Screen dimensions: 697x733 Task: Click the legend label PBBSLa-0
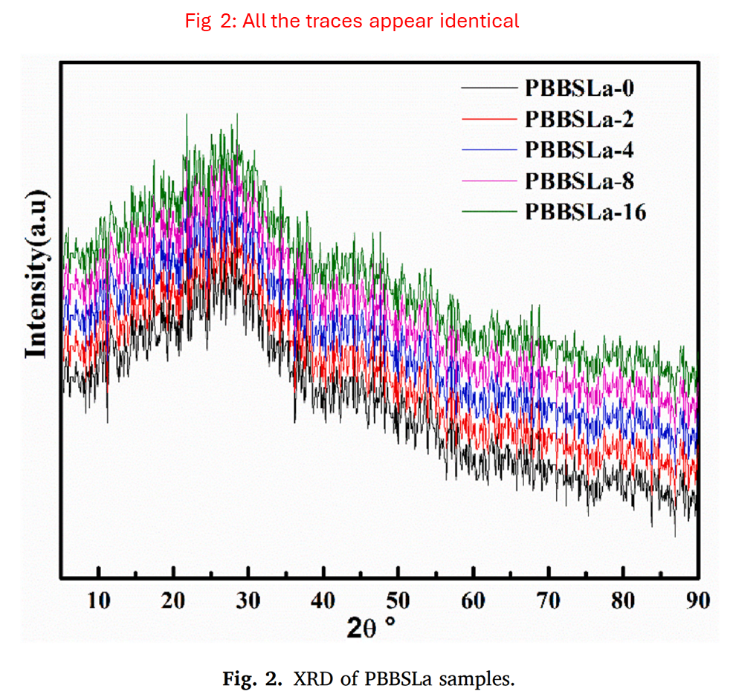(579, 88)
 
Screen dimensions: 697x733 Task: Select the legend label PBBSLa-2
(579, 119)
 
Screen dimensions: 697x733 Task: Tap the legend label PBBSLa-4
(579, 149)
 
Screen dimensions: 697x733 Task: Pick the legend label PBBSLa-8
(579, 181)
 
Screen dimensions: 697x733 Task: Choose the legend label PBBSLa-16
(585, 212)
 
